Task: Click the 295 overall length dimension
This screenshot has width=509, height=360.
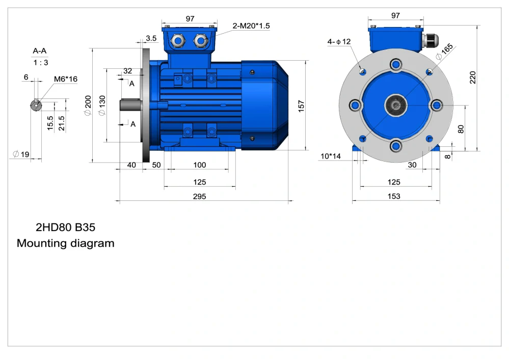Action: pos(200,196)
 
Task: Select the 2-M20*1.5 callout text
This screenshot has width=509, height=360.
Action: pos(251,26)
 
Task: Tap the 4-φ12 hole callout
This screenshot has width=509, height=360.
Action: pos(339,42)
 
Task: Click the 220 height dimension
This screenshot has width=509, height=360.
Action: pos(472,77)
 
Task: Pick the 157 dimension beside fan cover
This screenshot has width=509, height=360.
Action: pos(301,106)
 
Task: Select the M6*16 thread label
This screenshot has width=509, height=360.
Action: pos(66,79)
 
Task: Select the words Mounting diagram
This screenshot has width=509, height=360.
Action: pos(65,243)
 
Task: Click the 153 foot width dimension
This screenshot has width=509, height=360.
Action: pos(394,196)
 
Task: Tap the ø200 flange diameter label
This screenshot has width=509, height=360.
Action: pos(88,105)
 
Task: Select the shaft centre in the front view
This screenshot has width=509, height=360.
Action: pos(395,106)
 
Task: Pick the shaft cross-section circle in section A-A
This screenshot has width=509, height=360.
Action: pos(36,105)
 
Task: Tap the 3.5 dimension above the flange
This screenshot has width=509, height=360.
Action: pos(151,38)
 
